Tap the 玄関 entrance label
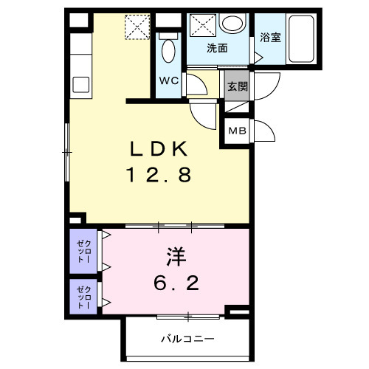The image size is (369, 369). coord(238,86)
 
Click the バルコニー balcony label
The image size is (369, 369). coord(187,339)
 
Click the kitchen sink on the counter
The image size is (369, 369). coord(79,84)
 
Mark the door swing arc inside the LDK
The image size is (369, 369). coord(200,113)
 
